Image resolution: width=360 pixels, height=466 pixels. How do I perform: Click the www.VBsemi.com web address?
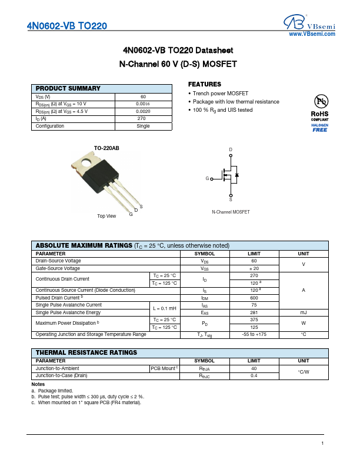coord(312,35)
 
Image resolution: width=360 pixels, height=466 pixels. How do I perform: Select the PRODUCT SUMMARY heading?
coord(68,88)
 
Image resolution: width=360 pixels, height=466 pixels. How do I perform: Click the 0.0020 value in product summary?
coord(143,111)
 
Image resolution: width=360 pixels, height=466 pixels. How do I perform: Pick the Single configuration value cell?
coord(143,126)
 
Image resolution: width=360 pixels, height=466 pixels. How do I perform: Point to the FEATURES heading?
coord(204,84)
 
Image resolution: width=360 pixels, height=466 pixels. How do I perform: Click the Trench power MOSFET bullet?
coord(220,94)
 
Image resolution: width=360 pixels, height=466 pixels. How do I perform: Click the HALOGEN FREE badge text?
coord(319,128)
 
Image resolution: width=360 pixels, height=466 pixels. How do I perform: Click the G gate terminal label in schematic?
coord(207,178)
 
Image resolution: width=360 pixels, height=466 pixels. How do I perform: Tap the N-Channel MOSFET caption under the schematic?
coord(231,212)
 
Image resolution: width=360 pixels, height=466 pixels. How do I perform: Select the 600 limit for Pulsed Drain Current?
coord(254,298)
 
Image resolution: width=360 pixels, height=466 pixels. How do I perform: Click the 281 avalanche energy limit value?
coord(254,312)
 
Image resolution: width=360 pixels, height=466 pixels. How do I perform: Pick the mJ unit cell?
coord(304,312)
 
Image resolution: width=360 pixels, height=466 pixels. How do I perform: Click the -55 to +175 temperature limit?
coord(254,334)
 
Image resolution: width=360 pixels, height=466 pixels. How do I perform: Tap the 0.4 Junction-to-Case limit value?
coord(254,375)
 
